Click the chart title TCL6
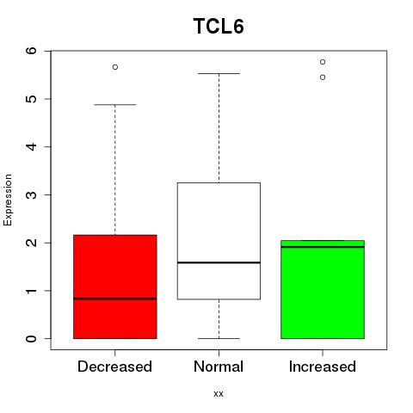coord(219,26)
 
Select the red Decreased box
coord(115,287)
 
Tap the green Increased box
coord(323,289)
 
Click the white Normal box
coord(219,241)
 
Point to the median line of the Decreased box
coord(115,299)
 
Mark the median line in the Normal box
coord(219,262)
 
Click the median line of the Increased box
coord(323,247)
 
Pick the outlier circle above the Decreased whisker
coord(115,67)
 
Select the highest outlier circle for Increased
coord(323,62)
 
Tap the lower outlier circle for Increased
coord(323,77)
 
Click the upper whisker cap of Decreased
coord(115,105)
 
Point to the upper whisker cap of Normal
coord(219,74)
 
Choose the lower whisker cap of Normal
coord(219,338)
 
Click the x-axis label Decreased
coord(114,367)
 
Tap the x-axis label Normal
coord(219,367)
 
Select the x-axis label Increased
coord(323,367)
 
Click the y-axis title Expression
coord(8,200)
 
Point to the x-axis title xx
coord(219,394)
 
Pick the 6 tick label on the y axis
coord(31,51)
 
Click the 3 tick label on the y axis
coord(31,194)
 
